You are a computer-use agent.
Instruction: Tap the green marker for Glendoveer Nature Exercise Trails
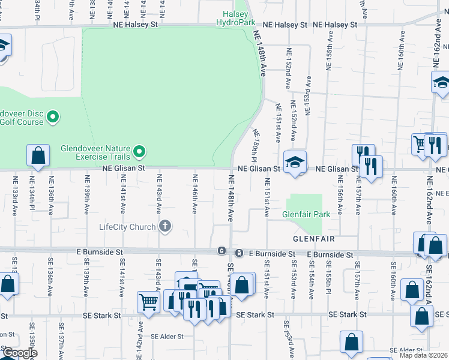coord(140,151)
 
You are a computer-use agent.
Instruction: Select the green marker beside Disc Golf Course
coord(53,117)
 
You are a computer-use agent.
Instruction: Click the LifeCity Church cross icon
coord(165,226)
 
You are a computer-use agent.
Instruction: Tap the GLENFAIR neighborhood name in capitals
coord(313,238)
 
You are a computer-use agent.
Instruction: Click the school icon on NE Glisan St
coord(295,163)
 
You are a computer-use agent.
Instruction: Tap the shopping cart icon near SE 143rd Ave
coord(148,302)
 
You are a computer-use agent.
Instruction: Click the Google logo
coord(19,353)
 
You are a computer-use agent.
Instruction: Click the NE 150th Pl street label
coord(255,145)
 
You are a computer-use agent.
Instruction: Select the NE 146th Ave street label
coord(194,193)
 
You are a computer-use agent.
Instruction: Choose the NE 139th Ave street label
coord(87,193)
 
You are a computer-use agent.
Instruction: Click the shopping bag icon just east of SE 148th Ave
coord(243,285)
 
